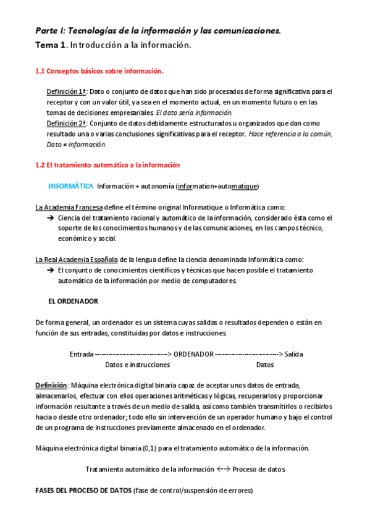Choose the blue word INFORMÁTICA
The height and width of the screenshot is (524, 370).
(x=70, y=187)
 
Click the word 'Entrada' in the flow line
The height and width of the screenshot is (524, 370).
(x=82, y=354)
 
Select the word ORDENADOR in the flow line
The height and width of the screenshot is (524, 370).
(x=193, y=354)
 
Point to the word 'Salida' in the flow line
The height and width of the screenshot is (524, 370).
(x=293, y=354)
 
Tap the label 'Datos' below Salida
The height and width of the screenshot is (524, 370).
(x=265, y=365)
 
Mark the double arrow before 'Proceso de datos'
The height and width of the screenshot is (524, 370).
(x=224, y=469)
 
